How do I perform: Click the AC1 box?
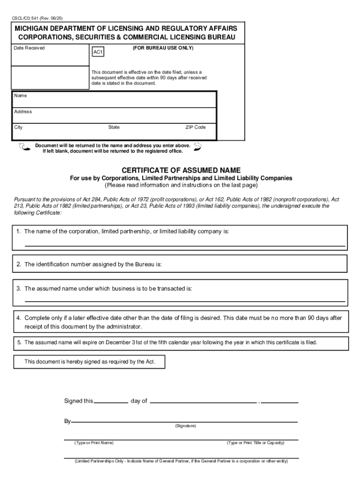98,52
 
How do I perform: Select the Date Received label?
29,48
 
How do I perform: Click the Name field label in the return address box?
20,96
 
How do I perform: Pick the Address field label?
23,112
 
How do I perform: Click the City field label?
18,128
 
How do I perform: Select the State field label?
114,128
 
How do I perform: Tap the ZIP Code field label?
195,128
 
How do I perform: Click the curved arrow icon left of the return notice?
23,148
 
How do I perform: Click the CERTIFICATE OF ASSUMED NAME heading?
181,170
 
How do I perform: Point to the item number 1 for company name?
18,232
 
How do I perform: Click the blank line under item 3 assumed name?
184,301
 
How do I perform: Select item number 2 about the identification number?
18,265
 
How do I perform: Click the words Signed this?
78,401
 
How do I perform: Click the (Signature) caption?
185,426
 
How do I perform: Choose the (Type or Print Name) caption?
94,443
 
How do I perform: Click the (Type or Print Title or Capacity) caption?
255,443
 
